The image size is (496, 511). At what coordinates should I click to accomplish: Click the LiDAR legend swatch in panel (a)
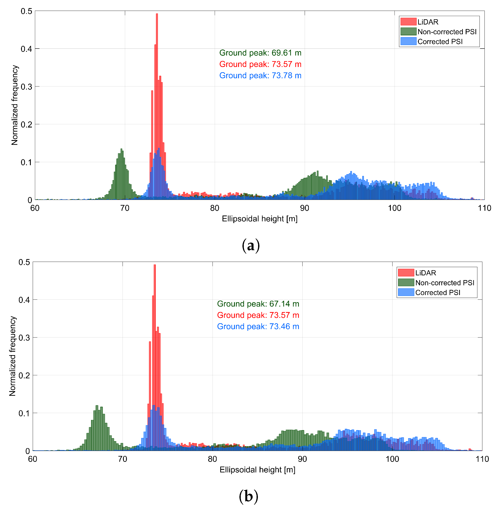[408, 22]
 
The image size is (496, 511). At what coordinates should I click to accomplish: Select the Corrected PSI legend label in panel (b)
[438, 292]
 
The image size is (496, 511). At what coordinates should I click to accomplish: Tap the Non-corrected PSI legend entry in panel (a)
[447, 32]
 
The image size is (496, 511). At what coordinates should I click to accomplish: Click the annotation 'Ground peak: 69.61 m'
[260, 53]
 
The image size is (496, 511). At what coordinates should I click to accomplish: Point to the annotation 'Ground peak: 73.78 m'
[260, 76]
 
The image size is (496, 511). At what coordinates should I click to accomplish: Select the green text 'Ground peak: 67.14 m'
[258, 304]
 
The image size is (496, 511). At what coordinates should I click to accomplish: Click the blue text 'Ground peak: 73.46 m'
[258, 327]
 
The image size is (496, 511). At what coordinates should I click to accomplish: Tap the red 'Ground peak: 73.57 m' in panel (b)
[258, 315]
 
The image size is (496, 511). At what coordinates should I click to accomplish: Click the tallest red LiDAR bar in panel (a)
[157, 78]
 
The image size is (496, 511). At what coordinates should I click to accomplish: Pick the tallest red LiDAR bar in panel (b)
[155, 339]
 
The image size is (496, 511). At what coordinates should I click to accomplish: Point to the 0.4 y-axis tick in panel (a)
[26, 49]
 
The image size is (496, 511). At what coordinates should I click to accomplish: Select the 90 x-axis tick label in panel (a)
[304, 208]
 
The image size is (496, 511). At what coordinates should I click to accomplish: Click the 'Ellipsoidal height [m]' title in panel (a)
[259, 219]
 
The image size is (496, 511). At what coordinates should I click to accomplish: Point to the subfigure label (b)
[248, 497]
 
